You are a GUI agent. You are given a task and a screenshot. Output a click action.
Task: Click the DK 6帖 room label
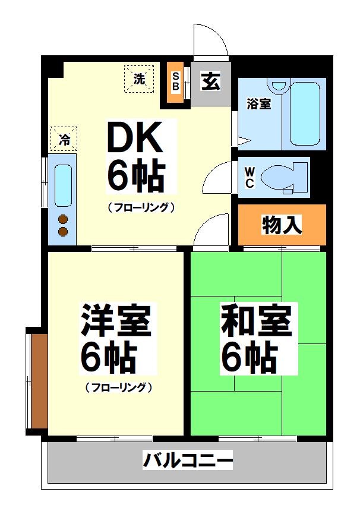(x=135, y=156)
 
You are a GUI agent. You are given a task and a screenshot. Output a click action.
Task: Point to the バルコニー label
(x=188, y=460)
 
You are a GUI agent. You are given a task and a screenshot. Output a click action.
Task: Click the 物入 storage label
(x=282, y=225)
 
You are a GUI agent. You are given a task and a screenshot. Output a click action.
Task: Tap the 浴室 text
(x=259, y=103)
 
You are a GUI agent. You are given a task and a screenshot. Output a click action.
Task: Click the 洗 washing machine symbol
(x=138, y=79)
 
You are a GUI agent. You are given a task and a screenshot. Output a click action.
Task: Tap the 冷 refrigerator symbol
(x=64, y=140)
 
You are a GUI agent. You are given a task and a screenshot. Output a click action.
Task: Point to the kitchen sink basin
(x=63, y=185)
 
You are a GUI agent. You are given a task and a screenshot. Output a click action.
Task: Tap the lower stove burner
(x=63, y=231)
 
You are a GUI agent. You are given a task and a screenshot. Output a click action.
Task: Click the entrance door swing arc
(x=211, y=39)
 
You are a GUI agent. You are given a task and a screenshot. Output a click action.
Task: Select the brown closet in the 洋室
(x=39, y=380)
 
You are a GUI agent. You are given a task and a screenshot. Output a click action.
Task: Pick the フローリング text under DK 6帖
(x=141, y=207)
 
